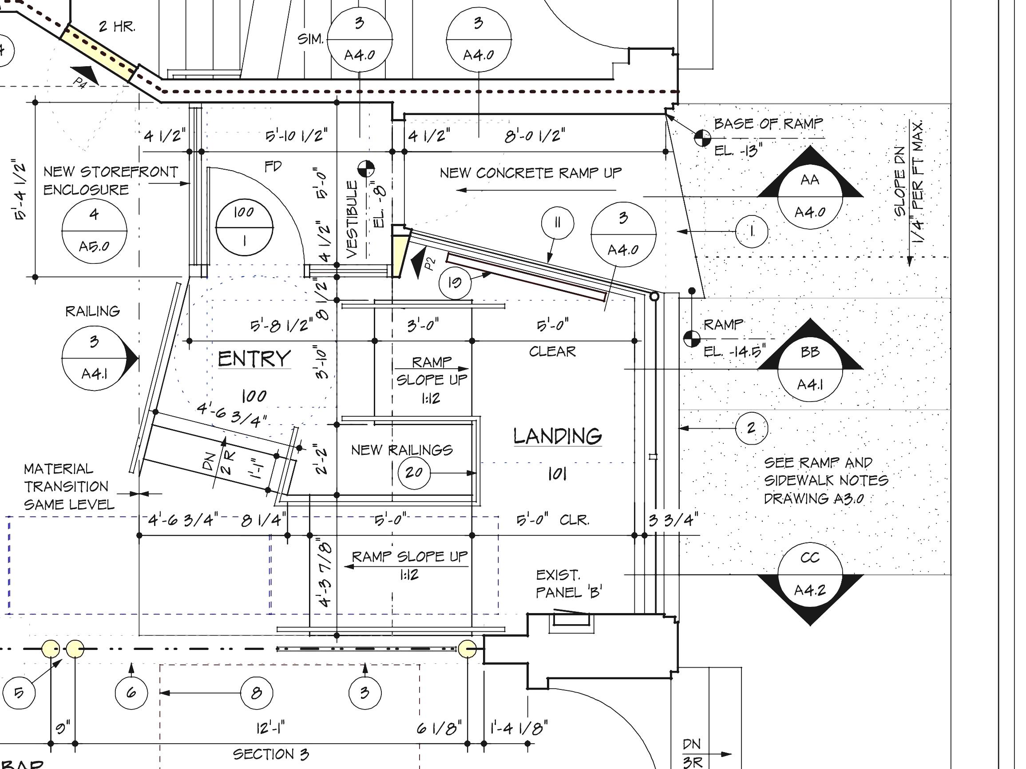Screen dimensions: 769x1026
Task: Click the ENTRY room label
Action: pos(254,359)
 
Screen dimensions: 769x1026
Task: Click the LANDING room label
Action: pos(557,436)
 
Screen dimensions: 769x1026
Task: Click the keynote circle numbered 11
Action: pos(557,223)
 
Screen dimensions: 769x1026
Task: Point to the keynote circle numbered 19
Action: pos(455,282)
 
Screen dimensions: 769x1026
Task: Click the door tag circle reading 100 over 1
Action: pos(245,227)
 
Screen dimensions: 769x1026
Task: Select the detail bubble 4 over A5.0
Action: pos(94,231)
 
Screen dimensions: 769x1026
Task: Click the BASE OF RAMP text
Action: pos(768,124)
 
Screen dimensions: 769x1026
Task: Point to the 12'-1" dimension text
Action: pos(270,727)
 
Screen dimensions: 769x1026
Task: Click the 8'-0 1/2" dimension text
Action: pos(535,136)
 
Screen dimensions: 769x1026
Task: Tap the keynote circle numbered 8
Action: pos(257,693)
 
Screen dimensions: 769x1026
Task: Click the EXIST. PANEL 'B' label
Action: pos(568,584)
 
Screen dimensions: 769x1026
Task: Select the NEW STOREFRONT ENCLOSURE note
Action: pos(111,180)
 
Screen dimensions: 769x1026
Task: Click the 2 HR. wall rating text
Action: pos(117,27)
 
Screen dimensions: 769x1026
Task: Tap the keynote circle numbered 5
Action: pos(19,693)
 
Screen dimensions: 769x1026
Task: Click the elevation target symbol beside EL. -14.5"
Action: pos(692,339)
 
